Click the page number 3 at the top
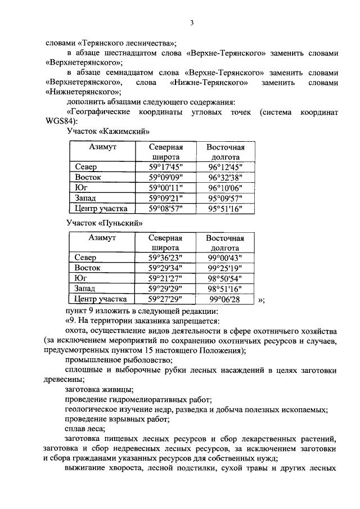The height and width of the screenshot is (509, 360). click(x=191, y=23)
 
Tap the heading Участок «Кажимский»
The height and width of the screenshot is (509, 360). click(x=107, y=131)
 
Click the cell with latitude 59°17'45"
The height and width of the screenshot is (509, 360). click(x=165, y=168)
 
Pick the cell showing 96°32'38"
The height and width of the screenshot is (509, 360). click(x=224, y=178)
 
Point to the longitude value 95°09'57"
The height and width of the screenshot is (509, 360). click(x=224, y=198)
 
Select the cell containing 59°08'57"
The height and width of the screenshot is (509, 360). click(x=165, y=208)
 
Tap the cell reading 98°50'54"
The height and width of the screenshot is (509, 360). click(x=224, y=279)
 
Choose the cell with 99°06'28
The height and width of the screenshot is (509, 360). click(x=224, y=300)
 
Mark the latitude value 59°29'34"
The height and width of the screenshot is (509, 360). click(x=165, y=269)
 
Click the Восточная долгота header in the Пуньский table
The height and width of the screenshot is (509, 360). click(x=224, y=243)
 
